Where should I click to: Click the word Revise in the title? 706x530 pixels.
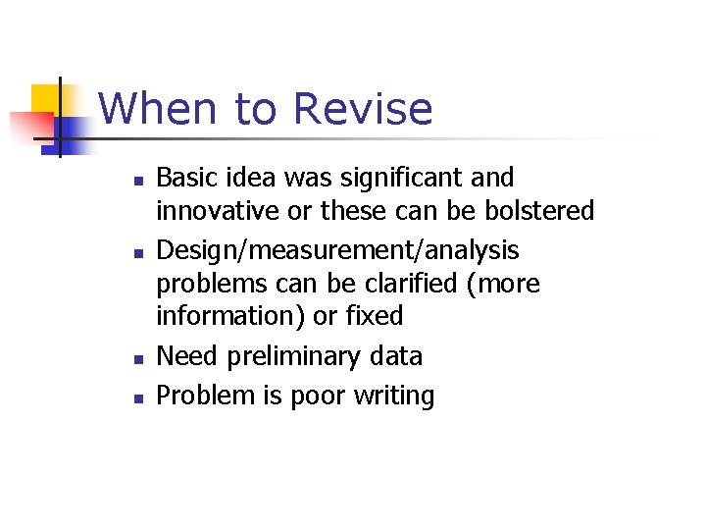click(363, 109)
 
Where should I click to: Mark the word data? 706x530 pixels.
click(397, 355)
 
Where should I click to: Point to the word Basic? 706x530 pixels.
click(186, 179)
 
